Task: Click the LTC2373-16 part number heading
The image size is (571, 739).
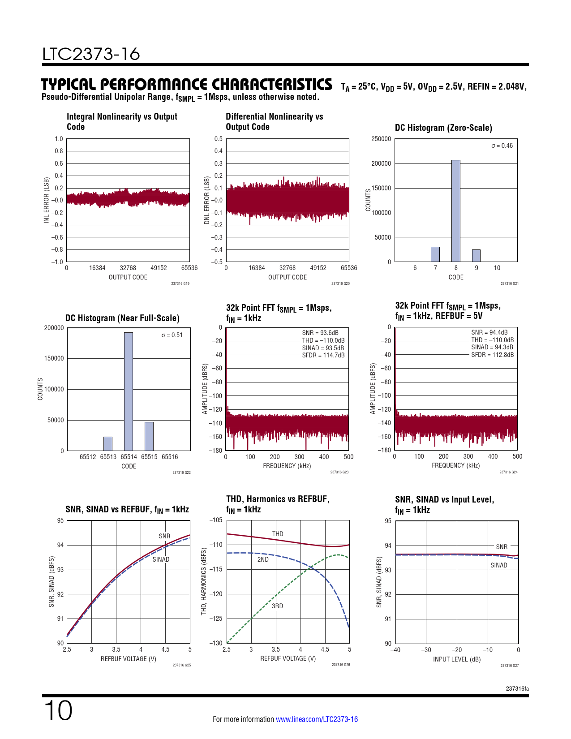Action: tap(91, 54)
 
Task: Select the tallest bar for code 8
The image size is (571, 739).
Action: tap(455, 211)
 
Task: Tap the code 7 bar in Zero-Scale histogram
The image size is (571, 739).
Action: tap(435, 254)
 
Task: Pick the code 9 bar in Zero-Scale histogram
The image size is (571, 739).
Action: tap(476, 256)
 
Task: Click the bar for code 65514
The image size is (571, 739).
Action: tap(129, 391)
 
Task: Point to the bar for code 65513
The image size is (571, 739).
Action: tap(108, 444)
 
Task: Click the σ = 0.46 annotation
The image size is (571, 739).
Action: tap(502, 146)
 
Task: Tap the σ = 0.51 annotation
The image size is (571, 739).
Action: tap(172, 335)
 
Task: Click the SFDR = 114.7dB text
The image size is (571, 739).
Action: tap(323, 355)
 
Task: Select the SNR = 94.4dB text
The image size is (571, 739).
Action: tap(489, 332)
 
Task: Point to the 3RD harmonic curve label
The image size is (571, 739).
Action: tap(277, 606)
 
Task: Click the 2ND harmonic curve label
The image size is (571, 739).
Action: tap(263, 559)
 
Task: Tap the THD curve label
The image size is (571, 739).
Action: tap(278, 534)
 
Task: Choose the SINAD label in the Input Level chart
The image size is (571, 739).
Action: tap(498, 565)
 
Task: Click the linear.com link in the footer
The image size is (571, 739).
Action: tap(317, 719)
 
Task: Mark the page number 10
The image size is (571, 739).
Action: tap(58, 711)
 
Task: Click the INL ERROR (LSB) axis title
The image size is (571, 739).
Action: tap(46, 200)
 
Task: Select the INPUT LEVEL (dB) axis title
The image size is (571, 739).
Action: tap(456, 659)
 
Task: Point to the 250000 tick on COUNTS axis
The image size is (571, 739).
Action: tap(381, 139)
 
